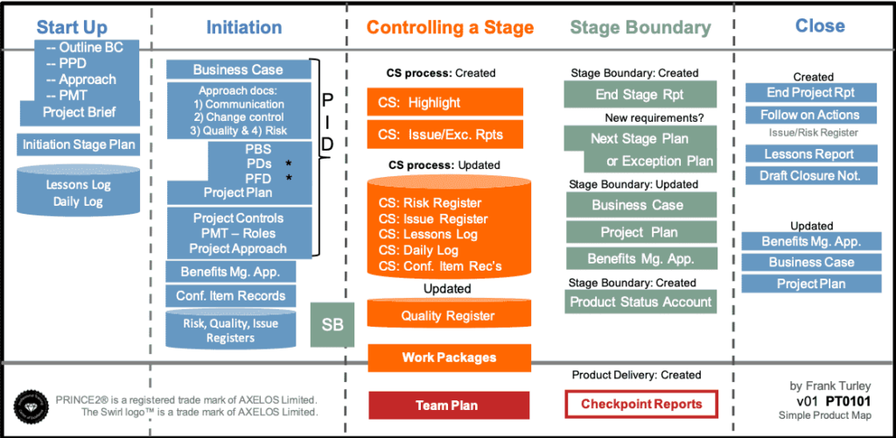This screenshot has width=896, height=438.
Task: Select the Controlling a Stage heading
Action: click(x=450, y=27)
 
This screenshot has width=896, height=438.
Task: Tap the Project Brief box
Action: click(x=79, y=113)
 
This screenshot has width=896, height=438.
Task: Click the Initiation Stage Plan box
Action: click(x=78, y=145)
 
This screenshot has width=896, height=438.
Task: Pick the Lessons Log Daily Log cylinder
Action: click(x=78, y=193)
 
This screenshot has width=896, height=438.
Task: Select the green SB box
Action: click(x=332, y=325)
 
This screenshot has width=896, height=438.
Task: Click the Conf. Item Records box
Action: click(x=231, y=296)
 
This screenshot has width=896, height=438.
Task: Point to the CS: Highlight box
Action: click(x=444, y=102)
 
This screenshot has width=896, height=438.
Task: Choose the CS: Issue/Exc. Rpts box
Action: click(x=444, y=135)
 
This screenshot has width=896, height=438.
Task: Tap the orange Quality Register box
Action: click(x=449, y=315)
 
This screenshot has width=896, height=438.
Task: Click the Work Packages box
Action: click(x=449, y=357)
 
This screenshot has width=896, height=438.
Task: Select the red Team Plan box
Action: click(x=449, y=405)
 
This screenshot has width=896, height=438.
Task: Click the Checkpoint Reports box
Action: click(x=641, y=405)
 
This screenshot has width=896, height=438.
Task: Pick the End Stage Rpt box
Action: click(x=641, y=95)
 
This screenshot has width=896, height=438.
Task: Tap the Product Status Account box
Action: click(x=641, y=302)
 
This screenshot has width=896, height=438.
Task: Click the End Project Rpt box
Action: click(x=811, y=93)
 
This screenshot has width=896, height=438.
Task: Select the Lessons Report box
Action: click(x=811, y=154)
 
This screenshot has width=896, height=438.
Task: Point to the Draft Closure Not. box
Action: click(x=811, y=176)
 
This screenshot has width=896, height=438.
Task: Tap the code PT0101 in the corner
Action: click(x=853, y=401)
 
